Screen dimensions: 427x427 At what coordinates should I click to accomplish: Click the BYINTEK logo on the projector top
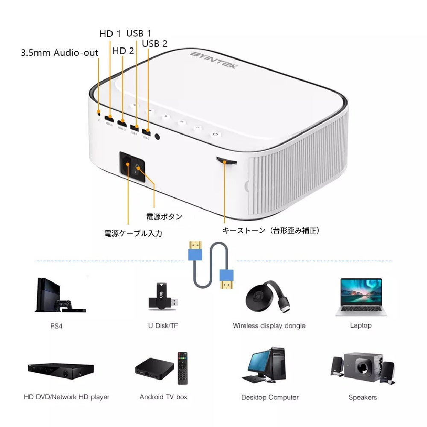tap(215, 60)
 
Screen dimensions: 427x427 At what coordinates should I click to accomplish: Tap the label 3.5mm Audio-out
tap(59, 53)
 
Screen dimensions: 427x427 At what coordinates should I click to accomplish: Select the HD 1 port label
tap(110, 33)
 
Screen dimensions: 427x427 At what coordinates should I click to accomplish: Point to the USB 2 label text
tap(155, 44)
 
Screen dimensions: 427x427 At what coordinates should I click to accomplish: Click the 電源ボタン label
tap(164, 217)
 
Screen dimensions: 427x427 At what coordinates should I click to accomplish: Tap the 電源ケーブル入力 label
tap(133, 234)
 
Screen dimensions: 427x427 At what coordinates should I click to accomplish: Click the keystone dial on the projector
tap(226, 161)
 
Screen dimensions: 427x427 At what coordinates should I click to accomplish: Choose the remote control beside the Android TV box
tap(182, 366)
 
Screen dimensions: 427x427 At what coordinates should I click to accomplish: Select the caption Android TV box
tap(164, 397)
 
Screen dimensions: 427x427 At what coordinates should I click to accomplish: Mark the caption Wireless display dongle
tap(269, 326)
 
